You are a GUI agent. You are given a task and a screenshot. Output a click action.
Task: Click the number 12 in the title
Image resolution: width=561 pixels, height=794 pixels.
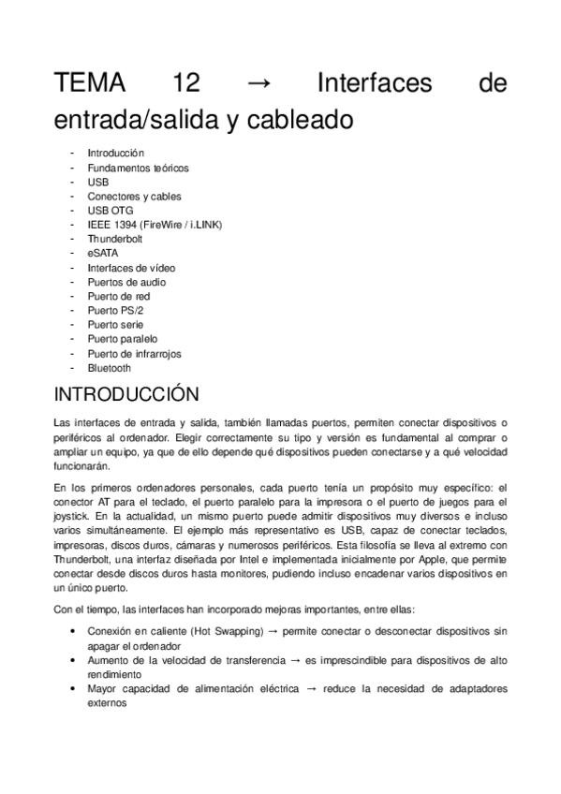[186, 83]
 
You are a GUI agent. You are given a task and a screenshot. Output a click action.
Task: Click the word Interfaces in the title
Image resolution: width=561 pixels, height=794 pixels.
[375, 83]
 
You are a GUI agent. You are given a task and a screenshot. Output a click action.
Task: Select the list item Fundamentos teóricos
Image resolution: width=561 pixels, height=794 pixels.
[125, 168]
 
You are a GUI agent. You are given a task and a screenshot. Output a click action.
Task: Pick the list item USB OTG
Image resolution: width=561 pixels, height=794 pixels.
[110, 211]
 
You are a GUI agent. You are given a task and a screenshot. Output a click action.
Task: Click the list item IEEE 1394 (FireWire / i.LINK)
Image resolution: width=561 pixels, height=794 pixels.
[155, 225]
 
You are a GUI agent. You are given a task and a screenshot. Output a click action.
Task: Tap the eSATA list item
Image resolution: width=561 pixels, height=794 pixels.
[103, 253]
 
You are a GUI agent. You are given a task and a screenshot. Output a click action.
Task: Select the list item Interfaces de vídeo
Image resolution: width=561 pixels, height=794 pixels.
[131, 268]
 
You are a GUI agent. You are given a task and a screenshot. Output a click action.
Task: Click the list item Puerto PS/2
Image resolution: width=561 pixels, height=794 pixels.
[115, 310]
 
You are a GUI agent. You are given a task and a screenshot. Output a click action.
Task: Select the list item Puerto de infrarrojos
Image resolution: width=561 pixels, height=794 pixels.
[134, 354]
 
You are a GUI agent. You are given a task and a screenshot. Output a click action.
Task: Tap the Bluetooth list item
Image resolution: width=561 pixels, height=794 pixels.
[109, 368]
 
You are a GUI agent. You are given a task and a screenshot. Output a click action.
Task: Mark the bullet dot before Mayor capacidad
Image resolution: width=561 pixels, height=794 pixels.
[74, 688]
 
